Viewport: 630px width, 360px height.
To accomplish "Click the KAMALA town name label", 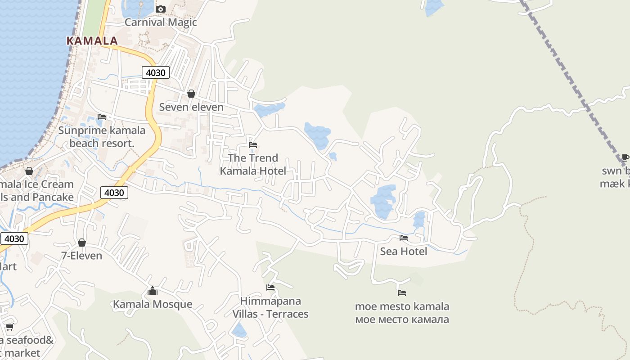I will point(92,41).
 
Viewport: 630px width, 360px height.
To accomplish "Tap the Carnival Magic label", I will point(161,22).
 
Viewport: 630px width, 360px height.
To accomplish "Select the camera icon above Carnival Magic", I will point(161,9).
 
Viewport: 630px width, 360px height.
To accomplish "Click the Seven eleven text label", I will point(191,107).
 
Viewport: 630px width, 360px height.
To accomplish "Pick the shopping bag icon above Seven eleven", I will point(191,94).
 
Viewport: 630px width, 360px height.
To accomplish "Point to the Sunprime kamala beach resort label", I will point(102,137).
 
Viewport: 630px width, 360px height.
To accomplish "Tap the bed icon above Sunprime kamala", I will point(102,117).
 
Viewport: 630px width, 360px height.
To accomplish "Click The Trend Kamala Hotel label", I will point(253,164).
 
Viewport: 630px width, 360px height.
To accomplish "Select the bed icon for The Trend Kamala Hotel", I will point(253,145).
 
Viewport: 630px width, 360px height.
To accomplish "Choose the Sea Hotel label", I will point(404,251).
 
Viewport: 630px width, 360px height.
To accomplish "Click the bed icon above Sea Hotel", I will point(404,238).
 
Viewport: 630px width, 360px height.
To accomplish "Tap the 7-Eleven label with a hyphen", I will point(81,256).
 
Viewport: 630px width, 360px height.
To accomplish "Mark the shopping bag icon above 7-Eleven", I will point(81,243).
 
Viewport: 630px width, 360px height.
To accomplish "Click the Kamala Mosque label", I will point(153,304).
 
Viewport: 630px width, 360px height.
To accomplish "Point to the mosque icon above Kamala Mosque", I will point(153,291).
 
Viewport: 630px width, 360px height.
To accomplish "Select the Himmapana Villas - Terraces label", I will point(270,307).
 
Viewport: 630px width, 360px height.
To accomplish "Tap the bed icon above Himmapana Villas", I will point(270,288).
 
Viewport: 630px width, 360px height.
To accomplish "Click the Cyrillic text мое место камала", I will point(402,320).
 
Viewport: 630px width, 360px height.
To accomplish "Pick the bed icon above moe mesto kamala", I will point(402,293).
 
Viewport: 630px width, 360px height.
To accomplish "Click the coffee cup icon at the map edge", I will point(625,157).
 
